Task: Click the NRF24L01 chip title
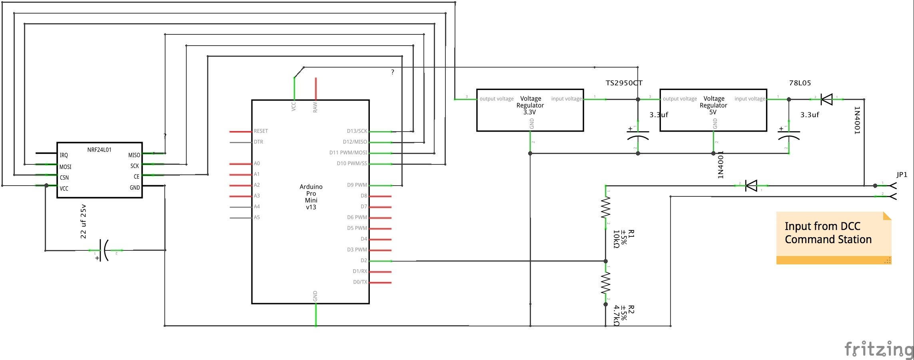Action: (x=99, y=150)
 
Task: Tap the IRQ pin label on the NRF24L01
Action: (x=64, y=155)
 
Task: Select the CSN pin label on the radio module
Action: (x=64, y=178)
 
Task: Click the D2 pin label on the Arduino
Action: (x=363, y=260)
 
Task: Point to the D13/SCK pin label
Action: (x=357, y=131)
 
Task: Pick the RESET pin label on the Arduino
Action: (x=261, y=131)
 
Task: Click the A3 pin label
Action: (x=257, y=196)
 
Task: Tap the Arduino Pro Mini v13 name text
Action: (x=311, y=197)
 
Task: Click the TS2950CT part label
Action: (x=624, y=83)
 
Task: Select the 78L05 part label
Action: (x=800, y=83)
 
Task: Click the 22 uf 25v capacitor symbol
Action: (x=104, y=250)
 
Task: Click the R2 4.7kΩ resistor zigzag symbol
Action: (x=606, y=283)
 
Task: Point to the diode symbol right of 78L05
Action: (x=826, y=99)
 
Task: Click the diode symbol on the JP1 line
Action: (x=751, y=186)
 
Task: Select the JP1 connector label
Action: (x=902, y=174)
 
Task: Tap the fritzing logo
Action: (x=878, y=349)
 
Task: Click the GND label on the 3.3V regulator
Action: (x=532, y=124)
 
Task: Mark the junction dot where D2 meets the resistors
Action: (x=606, y=261)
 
